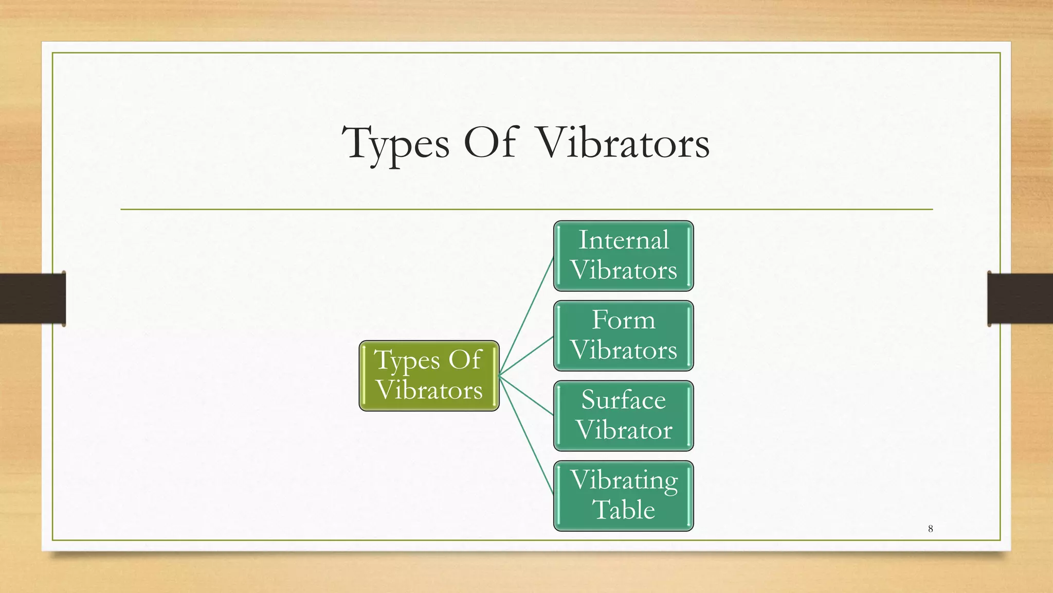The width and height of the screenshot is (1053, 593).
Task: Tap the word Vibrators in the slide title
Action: (623, 143)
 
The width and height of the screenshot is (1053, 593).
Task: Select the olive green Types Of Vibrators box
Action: (429, 376)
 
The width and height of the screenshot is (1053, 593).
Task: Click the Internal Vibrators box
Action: (623, 256)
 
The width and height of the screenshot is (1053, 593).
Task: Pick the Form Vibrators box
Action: (623, 336)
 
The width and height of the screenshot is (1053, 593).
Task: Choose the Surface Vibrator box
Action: (623, 416)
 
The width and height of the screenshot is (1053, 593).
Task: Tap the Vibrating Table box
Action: (623, 496)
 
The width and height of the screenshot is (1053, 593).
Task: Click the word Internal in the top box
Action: (623, 240)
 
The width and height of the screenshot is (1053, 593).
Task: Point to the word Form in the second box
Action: (623, 320)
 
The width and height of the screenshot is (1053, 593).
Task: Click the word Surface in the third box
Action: (623, 400)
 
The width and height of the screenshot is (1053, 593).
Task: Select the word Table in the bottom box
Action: (623, 510)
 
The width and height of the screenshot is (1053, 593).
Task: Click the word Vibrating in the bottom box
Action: (623, 481)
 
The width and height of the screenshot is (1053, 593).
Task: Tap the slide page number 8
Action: (930, 529)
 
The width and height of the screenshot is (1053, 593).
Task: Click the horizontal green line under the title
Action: (526, 210)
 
